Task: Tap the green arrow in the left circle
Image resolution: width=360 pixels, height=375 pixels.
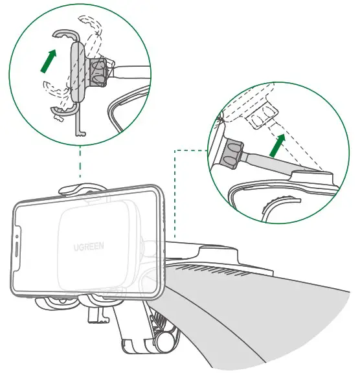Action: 46,63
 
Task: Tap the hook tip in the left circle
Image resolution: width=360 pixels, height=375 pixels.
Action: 80,134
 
